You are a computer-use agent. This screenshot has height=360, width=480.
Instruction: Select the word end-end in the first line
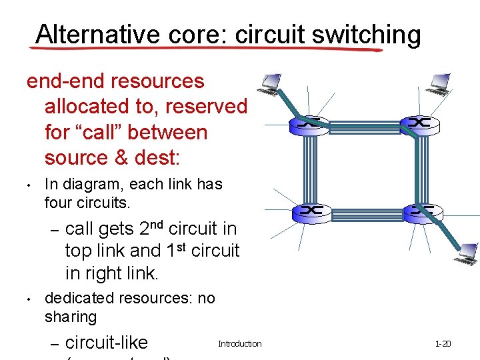pos(65,81)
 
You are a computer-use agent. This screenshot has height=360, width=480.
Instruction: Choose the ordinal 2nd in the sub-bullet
pos(152,228)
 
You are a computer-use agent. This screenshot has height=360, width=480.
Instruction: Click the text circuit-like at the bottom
pos(107,343)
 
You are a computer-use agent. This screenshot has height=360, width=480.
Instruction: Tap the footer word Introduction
pos(240,344)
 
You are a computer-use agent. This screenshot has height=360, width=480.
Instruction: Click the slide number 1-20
pos(443,344)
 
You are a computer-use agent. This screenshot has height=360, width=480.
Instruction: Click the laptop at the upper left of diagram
pos(269,83)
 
